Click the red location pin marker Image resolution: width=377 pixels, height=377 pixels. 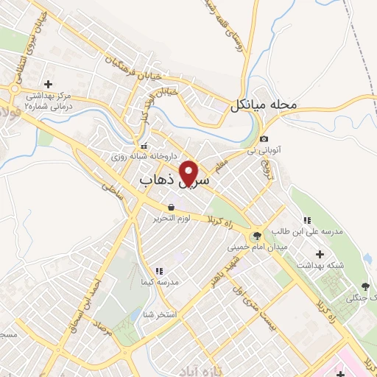pos(190,172)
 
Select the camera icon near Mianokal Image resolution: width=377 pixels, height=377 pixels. pos(264,139)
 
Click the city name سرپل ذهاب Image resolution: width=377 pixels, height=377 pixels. pos(174,179)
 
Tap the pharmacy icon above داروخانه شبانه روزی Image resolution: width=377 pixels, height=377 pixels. pos(144,145)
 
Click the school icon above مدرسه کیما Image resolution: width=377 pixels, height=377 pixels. pos(159,270)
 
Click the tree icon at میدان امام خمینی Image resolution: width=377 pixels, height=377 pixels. pos(256,236)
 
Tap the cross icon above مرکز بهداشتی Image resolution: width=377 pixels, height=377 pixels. pos(48,85)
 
